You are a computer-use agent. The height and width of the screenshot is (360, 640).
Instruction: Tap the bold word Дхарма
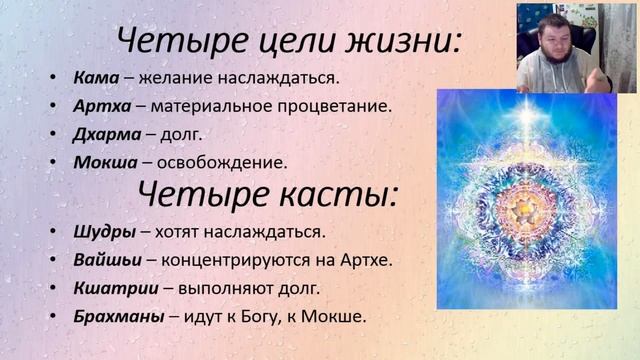coord(106,133)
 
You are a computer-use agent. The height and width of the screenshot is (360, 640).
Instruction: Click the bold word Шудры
coord(104,231)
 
